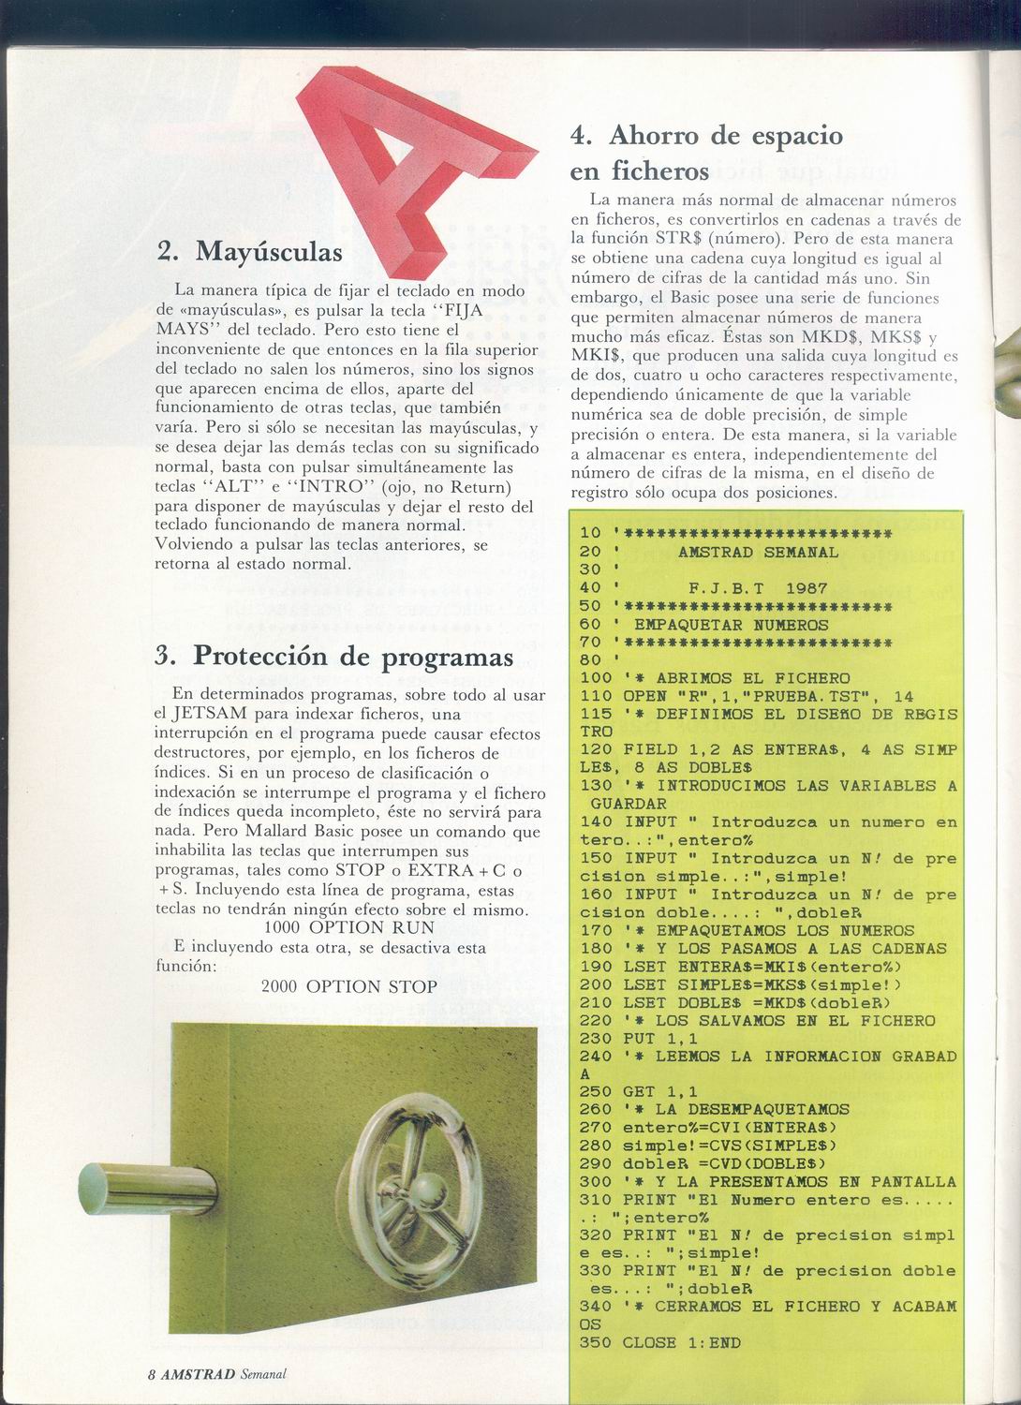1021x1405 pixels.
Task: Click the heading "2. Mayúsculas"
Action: pyautogui.click(x=249, y=251)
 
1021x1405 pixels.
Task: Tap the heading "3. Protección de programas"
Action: pyautogui.click(x=334, y=656)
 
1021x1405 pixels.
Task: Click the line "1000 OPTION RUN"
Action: pyautogui.click(x=349, y=927)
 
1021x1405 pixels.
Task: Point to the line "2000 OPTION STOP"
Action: pyautogui.click(x=349, y=986)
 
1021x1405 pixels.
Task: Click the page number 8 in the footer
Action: pyautogui.click(x=151, y=1374)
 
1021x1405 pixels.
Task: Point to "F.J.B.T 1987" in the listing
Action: pyautogui.click(x=758, y=588)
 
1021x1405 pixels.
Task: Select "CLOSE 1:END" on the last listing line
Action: pyautogui.click(x=681, y=1342)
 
